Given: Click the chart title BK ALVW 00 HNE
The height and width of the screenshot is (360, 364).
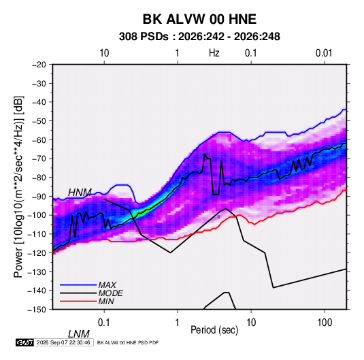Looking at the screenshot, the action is pyautogui.click(x=199, y=19).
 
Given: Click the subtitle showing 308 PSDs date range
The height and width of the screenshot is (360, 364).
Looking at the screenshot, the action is pyautogui.click(x=199, y=37).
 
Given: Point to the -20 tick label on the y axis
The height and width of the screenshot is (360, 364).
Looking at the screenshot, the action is pyautogui.click(x=39, y=65).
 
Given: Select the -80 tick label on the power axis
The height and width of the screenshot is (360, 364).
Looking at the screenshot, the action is pyautogui.click(x=39, y=178).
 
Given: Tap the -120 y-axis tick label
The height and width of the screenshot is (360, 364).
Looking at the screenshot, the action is pyautogui.click(x=37, y=253).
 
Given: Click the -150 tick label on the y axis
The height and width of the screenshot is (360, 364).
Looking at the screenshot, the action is pyautogui.click(x=37, y=310).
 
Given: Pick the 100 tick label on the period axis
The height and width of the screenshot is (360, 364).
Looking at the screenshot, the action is pyautogui.click(x=325, y=323).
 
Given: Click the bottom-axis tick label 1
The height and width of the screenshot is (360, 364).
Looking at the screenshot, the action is pyautogui.click(x=178, y=323).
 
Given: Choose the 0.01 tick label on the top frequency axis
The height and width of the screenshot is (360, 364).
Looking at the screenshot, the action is pyautogui.click(x=324, y=53).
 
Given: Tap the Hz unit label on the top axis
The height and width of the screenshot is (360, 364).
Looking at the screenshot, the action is pyautogui.click(x=214, y=53).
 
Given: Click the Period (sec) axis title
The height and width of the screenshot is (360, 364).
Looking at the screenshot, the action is pyautogui.click(x=214, y=330).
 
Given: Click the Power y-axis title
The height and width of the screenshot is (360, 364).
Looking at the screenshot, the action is pyautogui.click(x=18, y=187).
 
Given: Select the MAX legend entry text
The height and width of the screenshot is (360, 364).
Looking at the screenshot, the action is pyautogui.click(x=107, y=284).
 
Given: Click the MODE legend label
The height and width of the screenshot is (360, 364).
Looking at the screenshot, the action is pyautogui.click(x=110, y=293).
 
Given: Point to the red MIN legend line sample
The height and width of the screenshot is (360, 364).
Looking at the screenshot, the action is pyautogui.click(x=78, y=301).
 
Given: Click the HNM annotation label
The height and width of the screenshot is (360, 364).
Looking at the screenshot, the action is pyautogui.click(x=80, y=193).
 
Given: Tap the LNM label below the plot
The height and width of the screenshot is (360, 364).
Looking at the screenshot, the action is pyautogui.click(x=79, y=334).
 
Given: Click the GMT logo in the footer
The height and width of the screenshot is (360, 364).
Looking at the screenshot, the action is pyautogui.click(x=25, y=342).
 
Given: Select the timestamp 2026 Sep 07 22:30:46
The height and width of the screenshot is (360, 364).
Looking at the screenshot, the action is pyautogui.click(x=63, y=342).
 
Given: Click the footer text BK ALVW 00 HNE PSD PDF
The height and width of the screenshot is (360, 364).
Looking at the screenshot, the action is pyautogui.click(x=128, y=342).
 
